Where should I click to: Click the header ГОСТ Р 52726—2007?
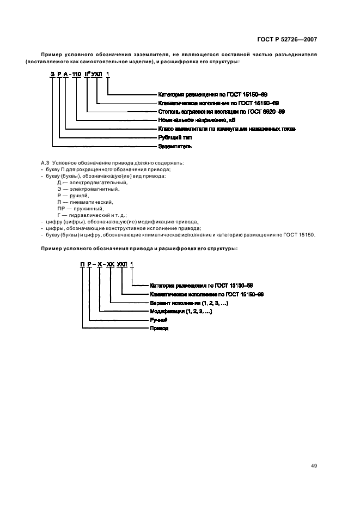(x=287, y=39)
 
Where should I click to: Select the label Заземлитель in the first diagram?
(x=175, y=146)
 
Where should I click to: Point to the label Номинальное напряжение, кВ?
(x=188, y=120)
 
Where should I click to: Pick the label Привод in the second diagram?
(x=159, y=329)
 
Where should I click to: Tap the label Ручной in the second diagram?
(x=159, y=320)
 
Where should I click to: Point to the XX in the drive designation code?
(x=111, y=265)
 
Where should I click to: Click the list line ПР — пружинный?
(x=80, y=208)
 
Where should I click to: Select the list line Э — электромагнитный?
(x=87, y=189)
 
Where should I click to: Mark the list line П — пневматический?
(x=84, y=202)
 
